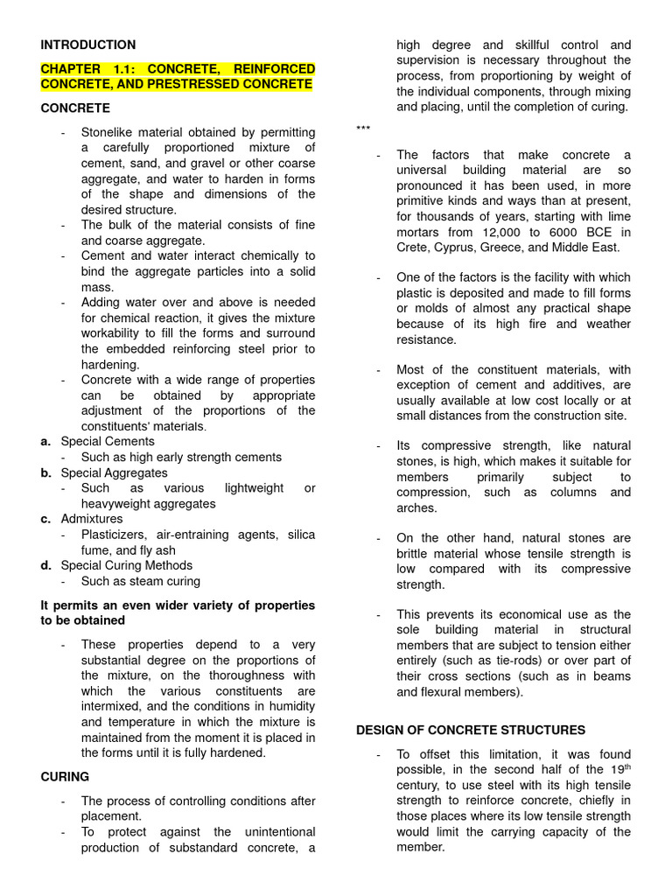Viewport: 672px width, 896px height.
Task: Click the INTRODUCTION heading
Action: [87, 45]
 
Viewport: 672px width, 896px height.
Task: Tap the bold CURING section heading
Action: [65, 776]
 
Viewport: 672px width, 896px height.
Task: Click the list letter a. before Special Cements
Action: [45, 441]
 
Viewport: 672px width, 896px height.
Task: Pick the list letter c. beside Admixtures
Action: [45, 519]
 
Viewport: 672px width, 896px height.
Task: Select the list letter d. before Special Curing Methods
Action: [45, 565]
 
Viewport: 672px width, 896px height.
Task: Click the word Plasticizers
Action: [115, 535]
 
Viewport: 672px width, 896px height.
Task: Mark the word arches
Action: [416, 508]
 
